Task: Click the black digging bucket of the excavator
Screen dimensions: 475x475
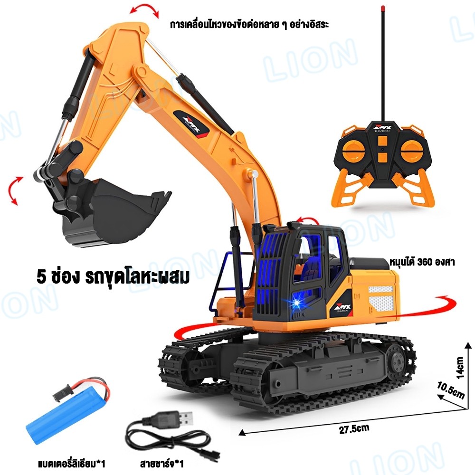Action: pyautogui.click(x=115, y=212)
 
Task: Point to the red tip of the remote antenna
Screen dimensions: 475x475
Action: pyautogui.click(x=383, y=8)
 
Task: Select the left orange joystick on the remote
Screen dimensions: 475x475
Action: pyautogui.click(x=353, y=151)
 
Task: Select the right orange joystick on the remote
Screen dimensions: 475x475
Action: pyautogui.click(x=412, y=151)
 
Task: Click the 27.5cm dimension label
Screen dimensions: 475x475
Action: pyautogui.click(x=354, y=429)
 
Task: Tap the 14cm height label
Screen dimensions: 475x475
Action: pyautogui.click(x=459, y=368)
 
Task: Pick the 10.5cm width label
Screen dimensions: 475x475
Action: pyautogui.click(x=450, y=391)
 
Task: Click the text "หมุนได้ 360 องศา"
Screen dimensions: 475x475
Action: pyautogui.click(x=422, y=262)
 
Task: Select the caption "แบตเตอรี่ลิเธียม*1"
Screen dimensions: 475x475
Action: pyautogui.click(x=72, y=464)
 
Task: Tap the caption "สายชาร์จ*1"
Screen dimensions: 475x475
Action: pyautogui.click(x=162, y=464)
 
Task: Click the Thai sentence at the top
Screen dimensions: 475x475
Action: pyautogui.click(x=249, y=25)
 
